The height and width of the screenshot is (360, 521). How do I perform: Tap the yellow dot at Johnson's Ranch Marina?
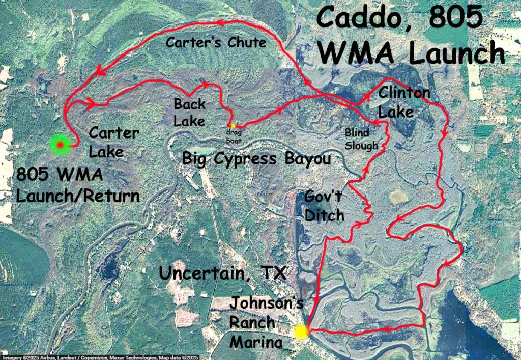[301, 332]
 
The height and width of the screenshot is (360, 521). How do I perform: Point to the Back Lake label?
[189, 113]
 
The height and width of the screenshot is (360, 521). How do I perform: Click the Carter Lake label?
[113, 142]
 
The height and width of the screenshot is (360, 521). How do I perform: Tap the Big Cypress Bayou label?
[257, 159]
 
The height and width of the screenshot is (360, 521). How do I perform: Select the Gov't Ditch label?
[325, 206]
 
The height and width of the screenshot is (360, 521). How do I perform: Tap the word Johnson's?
[267, 304]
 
